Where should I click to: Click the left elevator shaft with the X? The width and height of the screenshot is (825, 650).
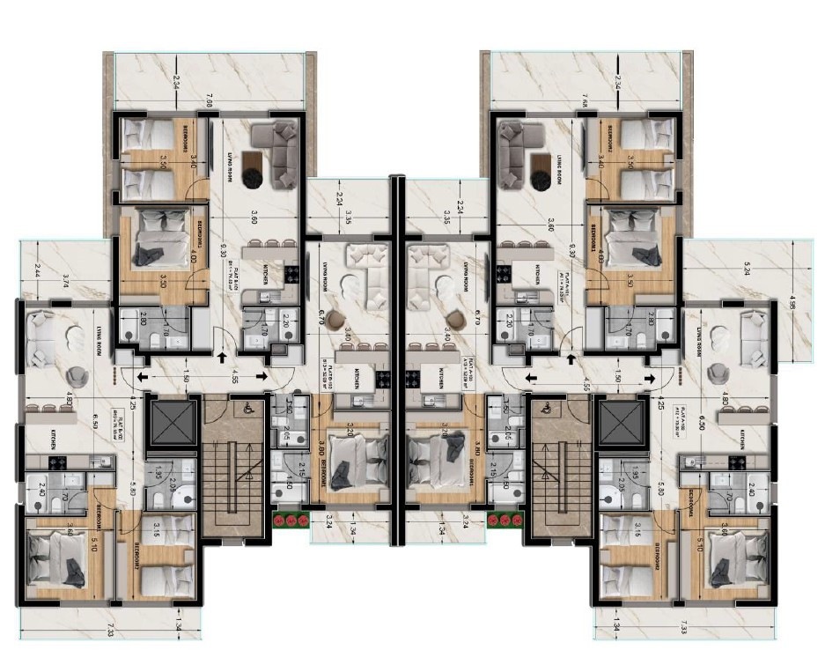(166, 420)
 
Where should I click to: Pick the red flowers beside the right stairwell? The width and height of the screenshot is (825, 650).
(505, 519)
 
